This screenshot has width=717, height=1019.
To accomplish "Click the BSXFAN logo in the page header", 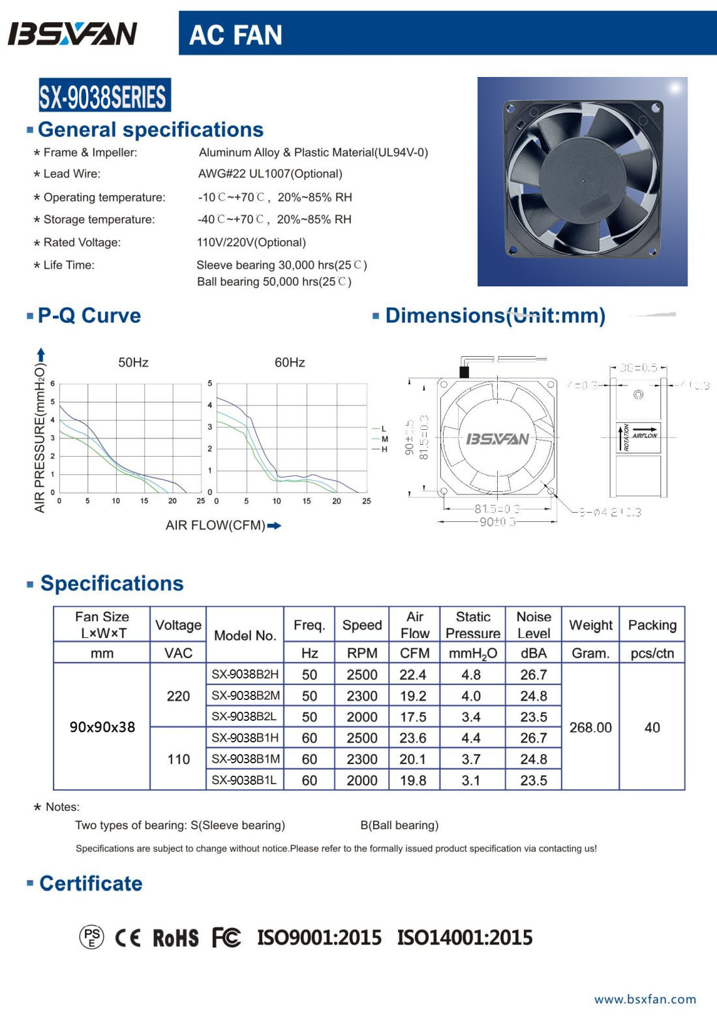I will click(72, 34).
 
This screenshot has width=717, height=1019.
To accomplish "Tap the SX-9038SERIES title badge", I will click(104, 97).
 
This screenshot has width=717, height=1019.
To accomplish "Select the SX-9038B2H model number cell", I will click(245, 675).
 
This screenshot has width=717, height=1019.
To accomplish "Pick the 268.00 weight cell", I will click(590, 727).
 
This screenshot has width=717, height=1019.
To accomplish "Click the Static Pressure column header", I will click(473, 625).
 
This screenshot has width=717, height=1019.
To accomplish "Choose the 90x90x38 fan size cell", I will click(102, 727).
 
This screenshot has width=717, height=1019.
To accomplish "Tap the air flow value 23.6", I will click(413, 738).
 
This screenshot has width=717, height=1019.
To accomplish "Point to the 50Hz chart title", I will click(133, 363).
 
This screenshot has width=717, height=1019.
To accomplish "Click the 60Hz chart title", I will click(290, 363).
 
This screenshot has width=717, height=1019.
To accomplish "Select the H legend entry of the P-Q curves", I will click(384, 449).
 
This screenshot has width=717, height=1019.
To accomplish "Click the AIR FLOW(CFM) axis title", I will click(215, 526).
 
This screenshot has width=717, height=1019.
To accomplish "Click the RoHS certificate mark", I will click(175, 938).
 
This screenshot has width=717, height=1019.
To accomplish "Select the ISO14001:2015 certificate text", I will click(465, 938).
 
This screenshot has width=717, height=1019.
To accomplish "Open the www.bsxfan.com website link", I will click(645, 999).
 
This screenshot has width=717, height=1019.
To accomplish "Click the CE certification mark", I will click(128, 938).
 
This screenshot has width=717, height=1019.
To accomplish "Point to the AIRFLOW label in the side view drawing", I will click(645, 435).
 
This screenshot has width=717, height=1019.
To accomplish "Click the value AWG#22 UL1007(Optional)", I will click(270, 174).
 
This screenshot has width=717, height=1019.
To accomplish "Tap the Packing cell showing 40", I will click(652, 727).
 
